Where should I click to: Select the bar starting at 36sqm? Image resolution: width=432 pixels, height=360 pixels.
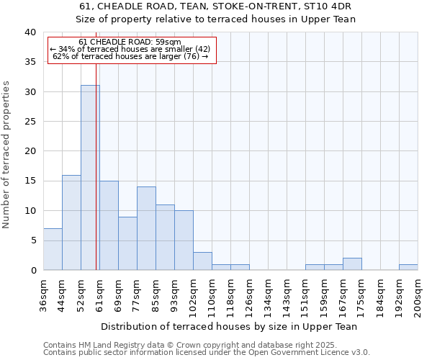pyautogui.click(x=53, y=249)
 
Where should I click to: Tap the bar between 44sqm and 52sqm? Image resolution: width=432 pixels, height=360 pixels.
pyautogui.click(x=71, y=222)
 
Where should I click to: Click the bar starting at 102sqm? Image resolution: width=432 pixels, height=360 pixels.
pyautogui.click(x=202, y=261)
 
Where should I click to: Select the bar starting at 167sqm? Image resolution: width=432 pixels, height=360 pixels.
pyautogui.click(x=352, y=264)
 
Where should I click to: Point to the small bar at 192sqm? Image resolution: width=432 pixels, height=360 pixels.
pyautogui.click(x=408, y=267)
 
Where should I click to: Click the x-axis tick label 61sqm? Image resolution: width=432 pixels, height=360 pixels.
pyautogui.click(x=100, y=293)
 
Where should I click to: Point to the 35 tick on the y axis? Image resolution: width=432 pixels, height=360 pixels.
pyautogui.click(x=30, y=62)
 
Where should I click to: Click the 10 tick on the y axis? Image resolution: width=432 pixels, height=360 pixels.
pyautogui.click(x=30, y=211)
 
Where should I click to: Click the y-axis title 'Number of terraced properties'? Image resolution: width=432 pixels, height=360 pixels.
pyautogui.click(x=7, y=154)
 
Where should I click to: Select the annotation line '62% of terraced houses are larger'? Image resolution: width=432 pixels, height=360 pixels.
pyautogui.click(x=130, y=56)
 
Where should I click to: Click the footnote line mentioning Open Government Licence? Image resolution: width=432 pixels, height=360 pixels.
pyautogui.click(x=206, y=353)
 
